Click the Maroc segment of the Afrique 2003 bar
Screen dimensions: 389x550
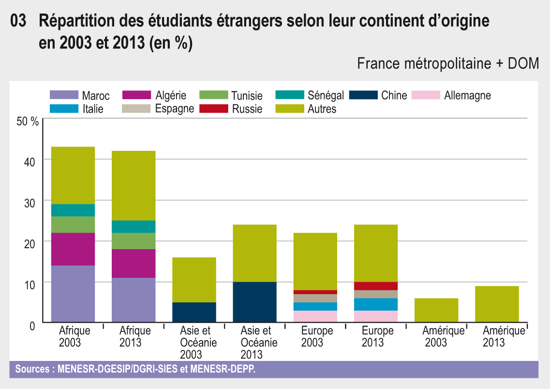pos(73,294)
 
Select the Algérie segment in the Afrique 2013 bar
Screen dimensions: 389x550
pos(134,263)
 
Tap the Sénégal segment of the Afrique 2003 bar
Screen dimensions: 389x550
pos(73,210)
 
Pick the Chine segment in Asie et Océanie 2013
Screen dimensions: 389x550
pos(254,302)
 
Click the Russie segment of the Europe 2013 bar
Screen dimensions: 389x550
pos(376,286)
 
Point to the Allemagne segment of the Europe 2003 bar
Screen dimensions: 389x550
pos(315,316)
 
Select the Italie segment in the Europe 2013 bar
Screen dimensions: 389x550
pos(376,304)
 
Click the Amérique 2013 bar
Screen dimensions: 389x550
pos(497,304)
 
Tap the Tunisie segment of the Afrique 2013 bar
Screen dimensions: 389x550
pos(134,241)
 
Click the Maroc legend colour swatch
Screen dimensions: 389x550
pos(64,95)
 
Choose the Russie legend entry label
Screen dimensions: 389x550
pos(247,109)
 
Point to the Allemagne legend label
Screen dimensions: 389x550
pos(467,95)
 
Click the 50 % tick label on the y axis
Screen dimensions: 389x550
pos(28,121)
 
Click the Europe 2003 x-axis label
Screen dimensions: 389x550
pos(317,337)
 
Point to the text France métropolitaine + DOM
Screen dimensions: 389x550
pos(448,63)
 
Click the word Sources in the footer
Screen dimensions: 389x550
pos(33,369)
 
